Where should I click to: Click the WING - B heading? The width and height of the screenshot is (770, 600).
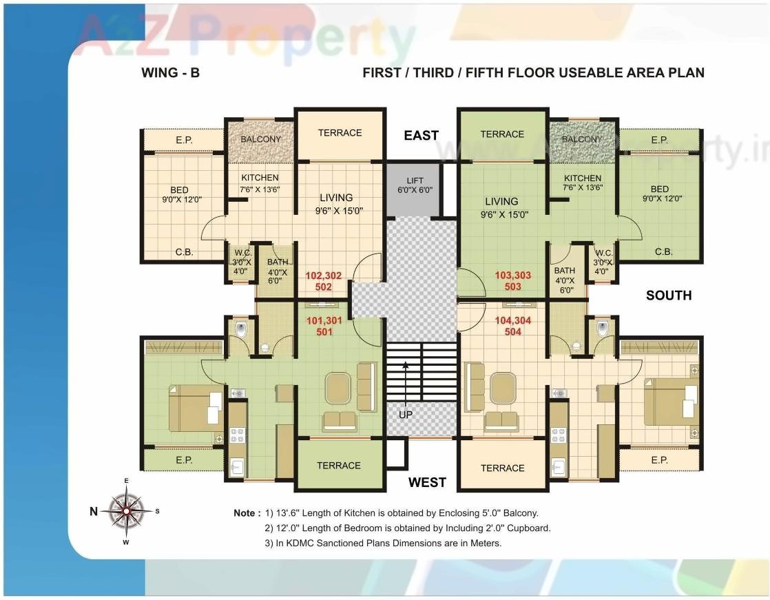click(x=170, y=72)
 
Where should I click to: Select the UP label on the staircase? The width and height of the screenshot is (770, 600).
click(x=406, y=415)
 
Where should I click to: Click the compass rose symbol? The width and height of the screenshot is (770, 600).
click(x=126, y=511)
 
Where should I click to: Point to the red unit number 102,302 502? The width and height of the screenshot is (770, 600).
click(x=324, y=281)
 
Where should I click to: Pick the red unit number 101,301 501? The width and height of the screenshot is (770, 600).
click(x=324, y=326)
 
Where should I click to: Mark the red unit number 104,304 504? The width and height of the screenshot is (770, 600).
click(x=513, y=326)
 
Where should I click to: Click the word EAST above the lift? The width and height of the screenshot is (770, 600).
click(x=421, y=136)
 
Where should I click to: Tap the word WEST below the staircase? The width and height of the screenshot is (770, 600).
click(x=427, y=482)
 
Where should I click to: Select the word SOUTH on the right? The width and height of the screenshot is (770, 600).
click(x=668, y=296)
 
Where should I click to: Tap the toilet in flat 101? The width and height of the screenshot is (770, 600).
click(x=240, y=330)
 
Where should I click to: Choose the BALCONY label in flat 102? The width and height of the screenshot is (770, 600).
click(x=260, y=139)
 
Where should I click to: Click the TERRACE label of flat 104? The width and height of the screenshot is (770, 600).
click(x=502, y=468)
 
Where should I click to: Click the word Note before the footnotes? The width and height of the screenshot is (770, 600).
click(x=247, y=513)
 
